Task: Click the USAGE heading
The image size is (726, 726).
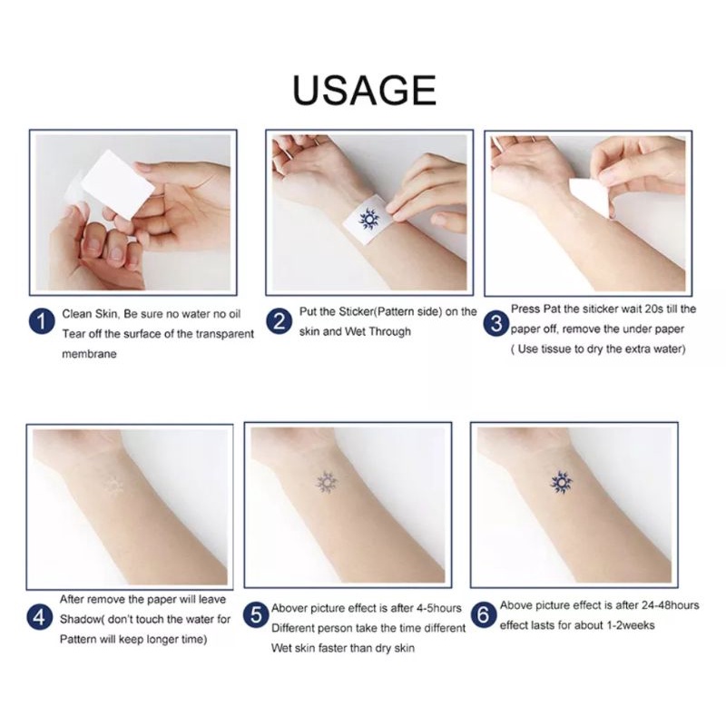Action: click(364, 90)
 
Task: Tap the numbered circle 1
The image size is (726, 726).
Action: click(43, 321)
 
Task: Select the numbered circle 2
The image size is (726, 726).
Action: click(280, 321)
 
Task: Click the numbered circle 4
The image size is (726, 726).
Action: click(40, 618)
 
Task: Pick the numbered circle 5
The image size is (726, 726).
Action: click(256, 616)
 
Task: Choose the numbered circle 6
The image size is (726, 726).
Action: click(483, 615)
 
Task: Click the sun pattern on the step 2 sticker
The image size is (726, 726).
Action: click(368, 218)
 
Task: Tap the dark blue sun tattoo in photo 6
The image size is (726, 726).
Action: click(562, 481)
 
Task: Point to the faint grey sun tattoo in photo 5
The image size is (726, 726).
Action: click(327, 482)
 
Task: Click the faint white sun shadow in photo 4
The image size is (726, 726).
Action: click(113, 485)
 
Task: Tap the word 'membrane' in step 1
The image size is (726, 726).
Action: click(89, 352)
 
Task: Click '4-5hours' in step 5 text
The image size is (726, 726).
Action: click(431, 608)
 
